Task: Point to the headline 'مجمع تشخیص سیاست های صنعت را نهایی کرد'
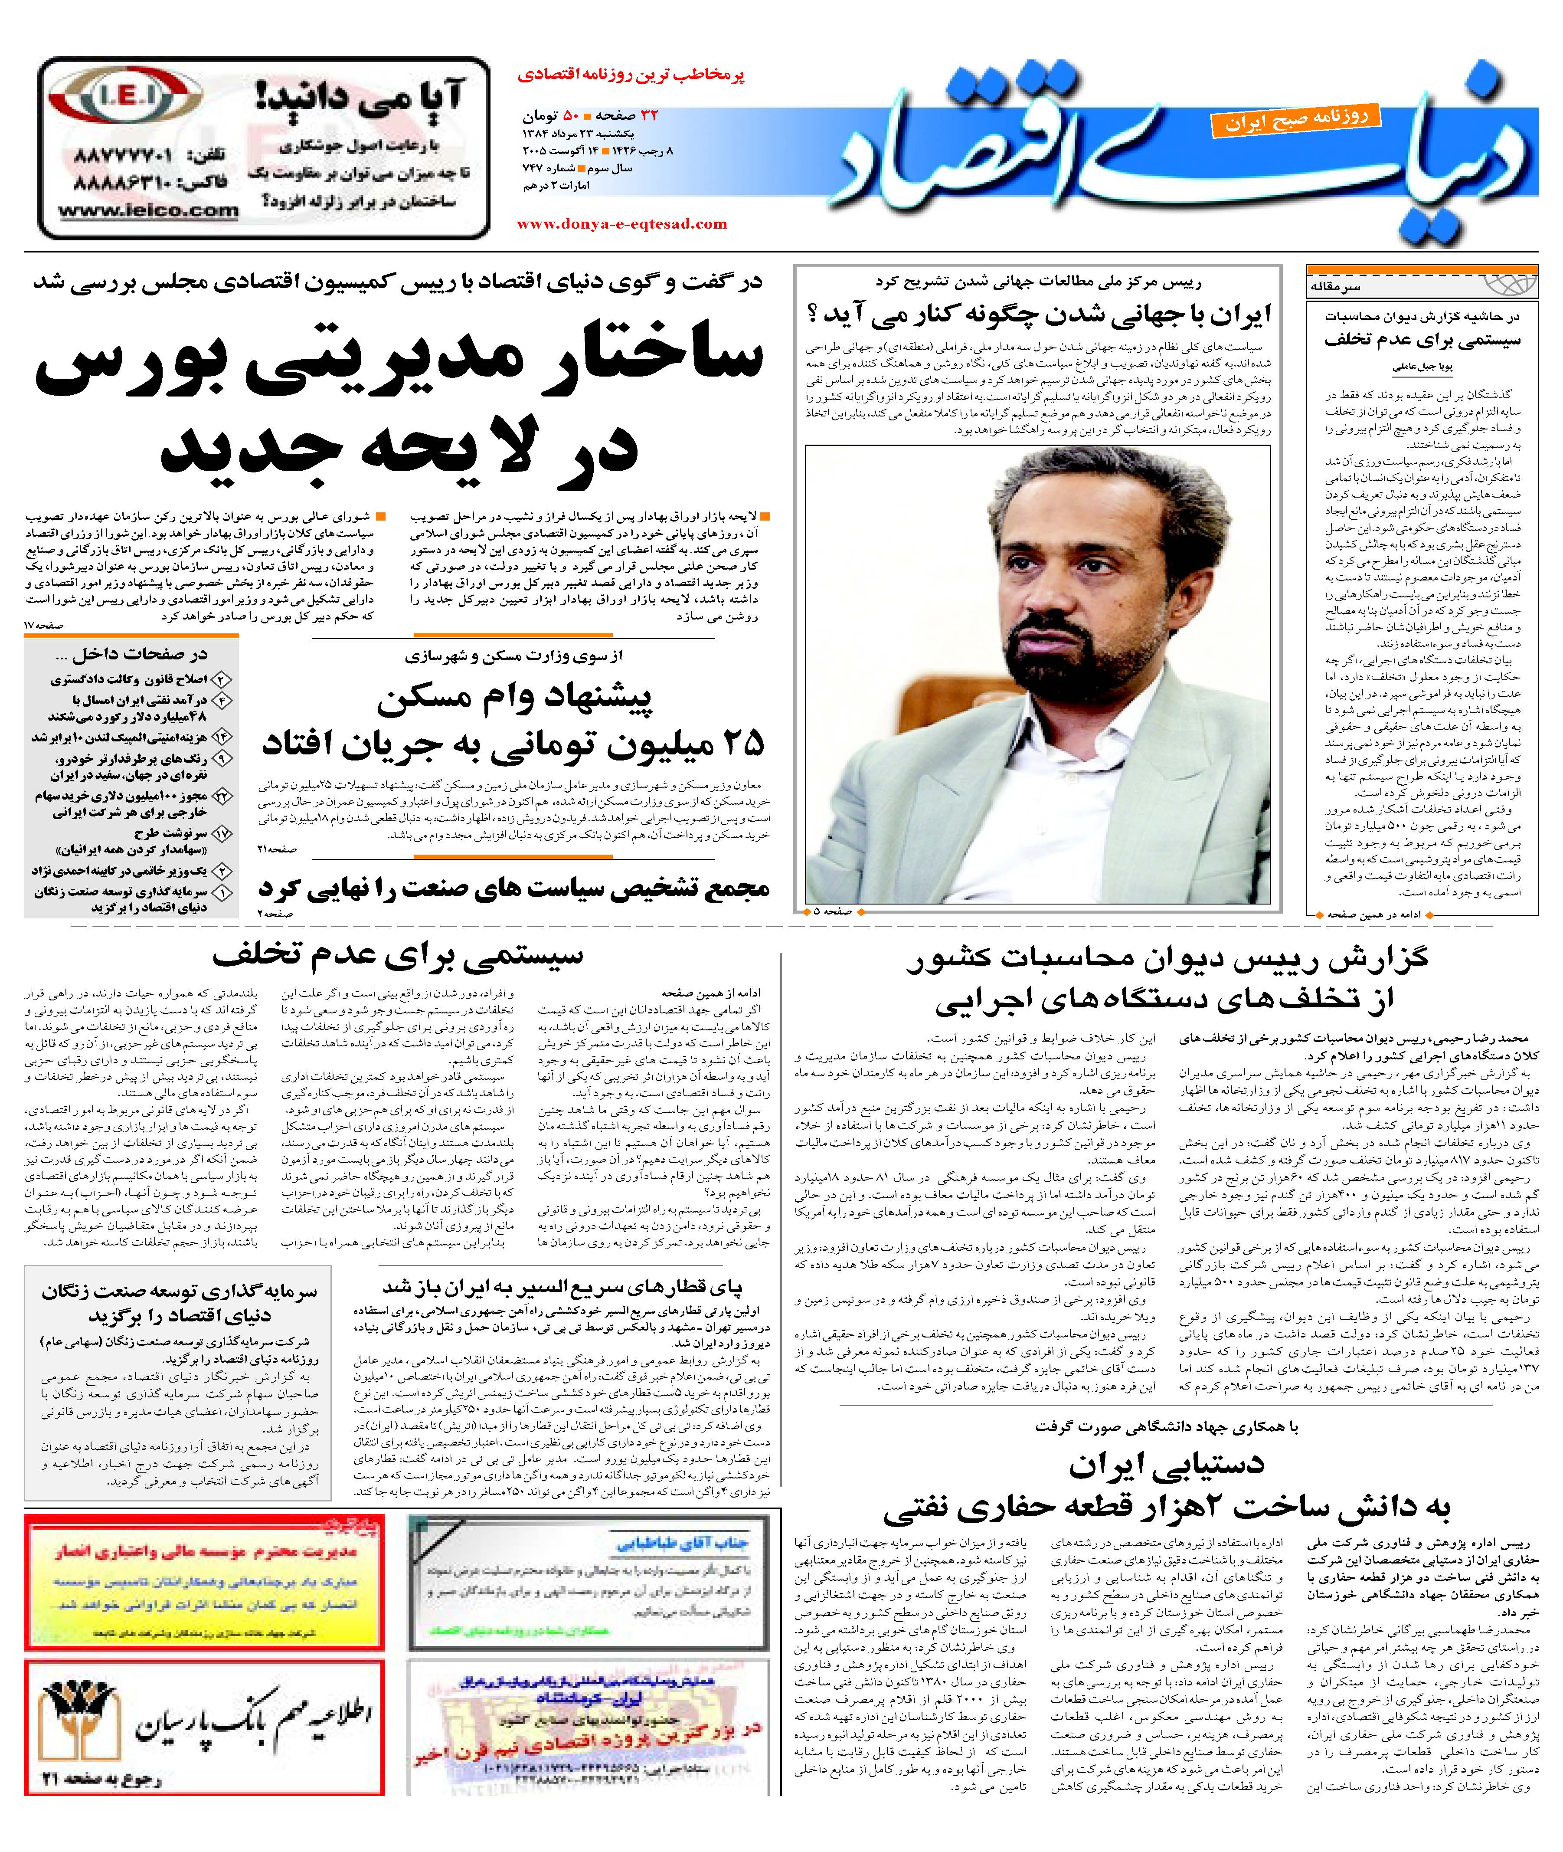click(x=514, y=888)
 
